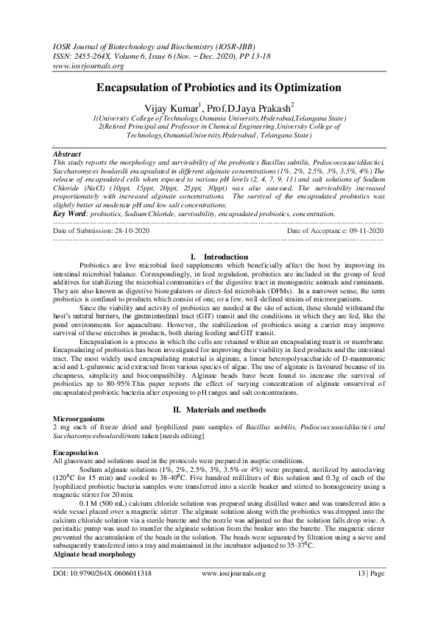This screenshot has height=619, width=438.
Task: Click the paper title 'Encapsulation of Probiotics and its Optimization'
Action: point(219,87)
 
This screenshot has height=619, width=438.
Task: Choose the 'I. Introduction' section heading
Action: point(219,256)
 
